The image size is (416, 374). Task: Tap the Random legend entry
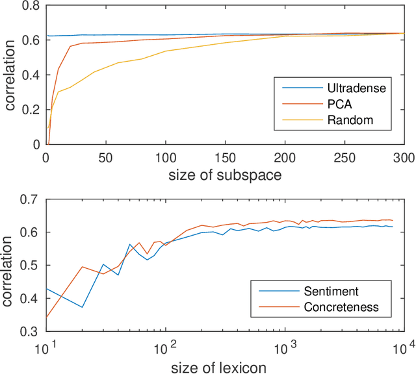pyautogui.click(x=337, y=120)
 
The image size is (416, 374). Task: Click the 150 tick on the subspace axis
pyautogui.click(x=225, y=156)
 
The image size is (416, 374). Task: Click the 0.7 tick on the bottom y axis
pyautogui.click(x=31, y=199)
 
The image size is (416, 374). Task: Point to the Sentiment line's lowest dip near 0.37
pyautogui.click(x=82, y=307)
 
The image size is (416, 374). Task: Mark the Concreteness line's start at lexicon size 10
pyautogui.click(x=45, y=318)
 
